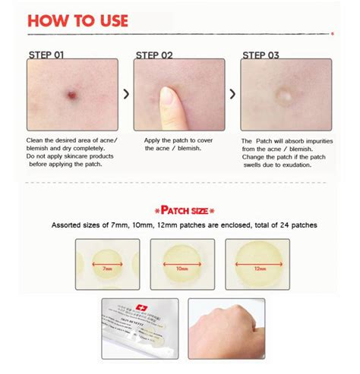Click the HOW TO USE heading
tap(78, 20)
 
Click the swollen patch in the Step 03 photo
tap(285, 97)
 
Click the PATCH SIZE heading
tap(180, 209)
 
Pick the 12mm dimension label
tap(261, 268)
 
